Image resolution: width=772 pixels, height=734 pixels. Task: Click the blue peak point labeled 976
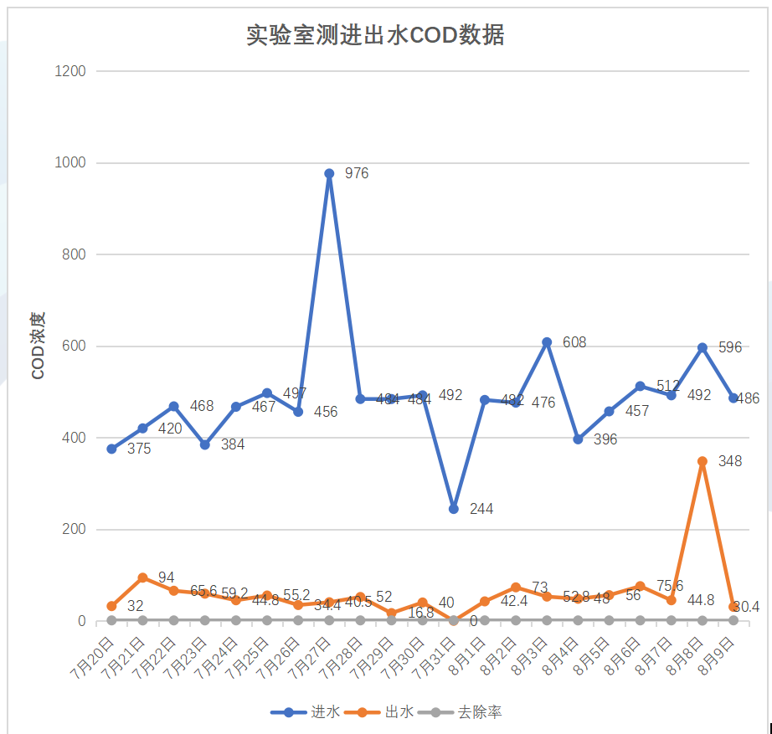[x=329, y=174]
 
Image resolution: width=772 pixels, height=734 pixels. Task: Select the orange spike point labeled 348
[x=703, y=461]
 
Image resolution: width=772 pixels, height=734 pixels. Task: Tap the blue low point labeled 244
[x=454, y=509]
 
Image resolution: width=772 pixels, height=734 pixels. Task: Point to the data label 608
[x=574, y=342]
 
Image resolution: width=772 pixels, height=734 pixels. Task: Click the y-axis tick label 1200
[x=70, y=71]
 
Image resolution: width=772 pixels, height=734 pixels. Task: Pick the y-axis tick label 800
[x=74, y=254]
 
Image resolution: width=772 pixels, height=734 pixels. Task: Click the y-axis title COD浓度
[x=38, y=346]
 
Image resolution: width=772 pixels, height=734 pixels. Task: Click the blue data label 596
[x=730, y=346]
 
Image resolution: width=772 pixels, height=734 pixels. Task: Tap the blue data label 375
[x=139, y=449]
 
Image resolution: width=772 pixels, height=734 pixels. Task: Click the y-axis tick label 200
[x=74, y=530]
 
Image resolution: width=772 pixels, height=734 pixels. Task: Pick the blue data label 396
[x=605, y=439]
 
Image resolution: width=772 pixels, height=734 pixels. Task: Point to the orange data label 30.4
[x=746, y=607]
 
